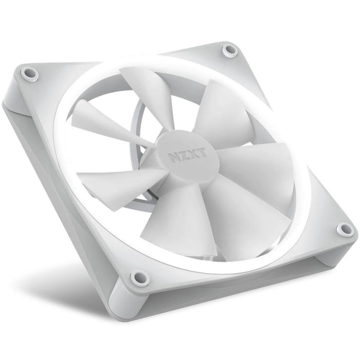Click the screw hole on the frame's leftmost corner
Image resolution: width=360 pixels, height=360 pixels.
pos(30,75)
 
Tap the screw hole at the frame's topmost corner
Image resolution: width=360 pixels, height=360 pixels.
pos(229,50)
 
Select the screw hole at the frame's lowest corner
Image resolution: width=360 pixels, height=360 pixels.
pos(137,278)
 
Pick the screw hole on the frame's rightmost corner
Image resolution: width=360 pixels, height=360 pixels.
pos(344,230)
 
